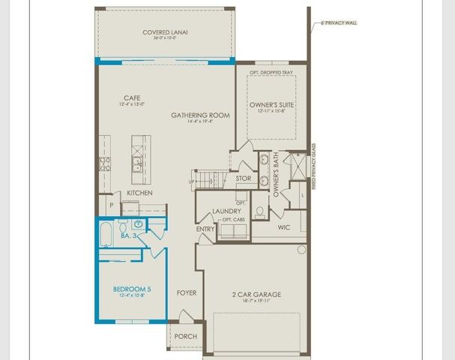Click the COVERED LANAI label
point(165,32)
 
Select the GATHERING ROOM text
point(200,115)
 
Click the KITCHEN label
point(139,193)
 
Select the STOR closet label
point(244,178)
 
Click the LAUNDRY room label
point(226,212)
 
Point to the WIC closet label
point(283,226)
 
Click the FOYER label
point(186,292)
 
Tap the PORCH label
point(185,337)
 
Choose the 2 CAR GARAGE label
point(256,295)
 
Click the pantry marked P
point(111,203)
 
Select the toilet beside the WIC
point(259,212)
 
